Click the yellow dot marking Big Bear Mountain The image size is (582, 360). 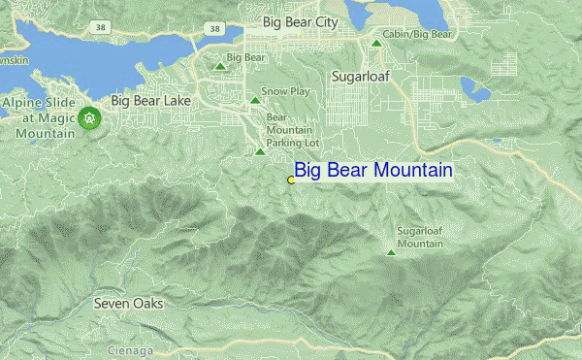point(291,180)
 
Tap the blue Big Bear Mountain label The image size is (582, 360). point(373,171)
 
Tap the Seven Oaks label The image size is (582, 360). point(128,304)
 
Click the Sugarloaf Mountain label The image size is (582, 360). point(420,237)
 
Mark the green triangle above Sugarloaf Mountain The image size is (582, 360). point(391,253)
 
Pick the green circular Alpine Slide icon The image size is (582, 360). point(89,117)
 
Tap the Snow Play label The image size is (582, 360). point(285,91)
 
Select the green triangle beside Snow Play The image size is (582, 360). point(255,100)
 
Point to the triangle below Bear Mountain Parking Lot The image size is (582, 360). point(260,151)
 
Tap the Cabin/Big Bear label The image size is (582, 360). point(417,34)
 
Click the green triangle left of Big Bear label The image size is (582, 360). point(221,68)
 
